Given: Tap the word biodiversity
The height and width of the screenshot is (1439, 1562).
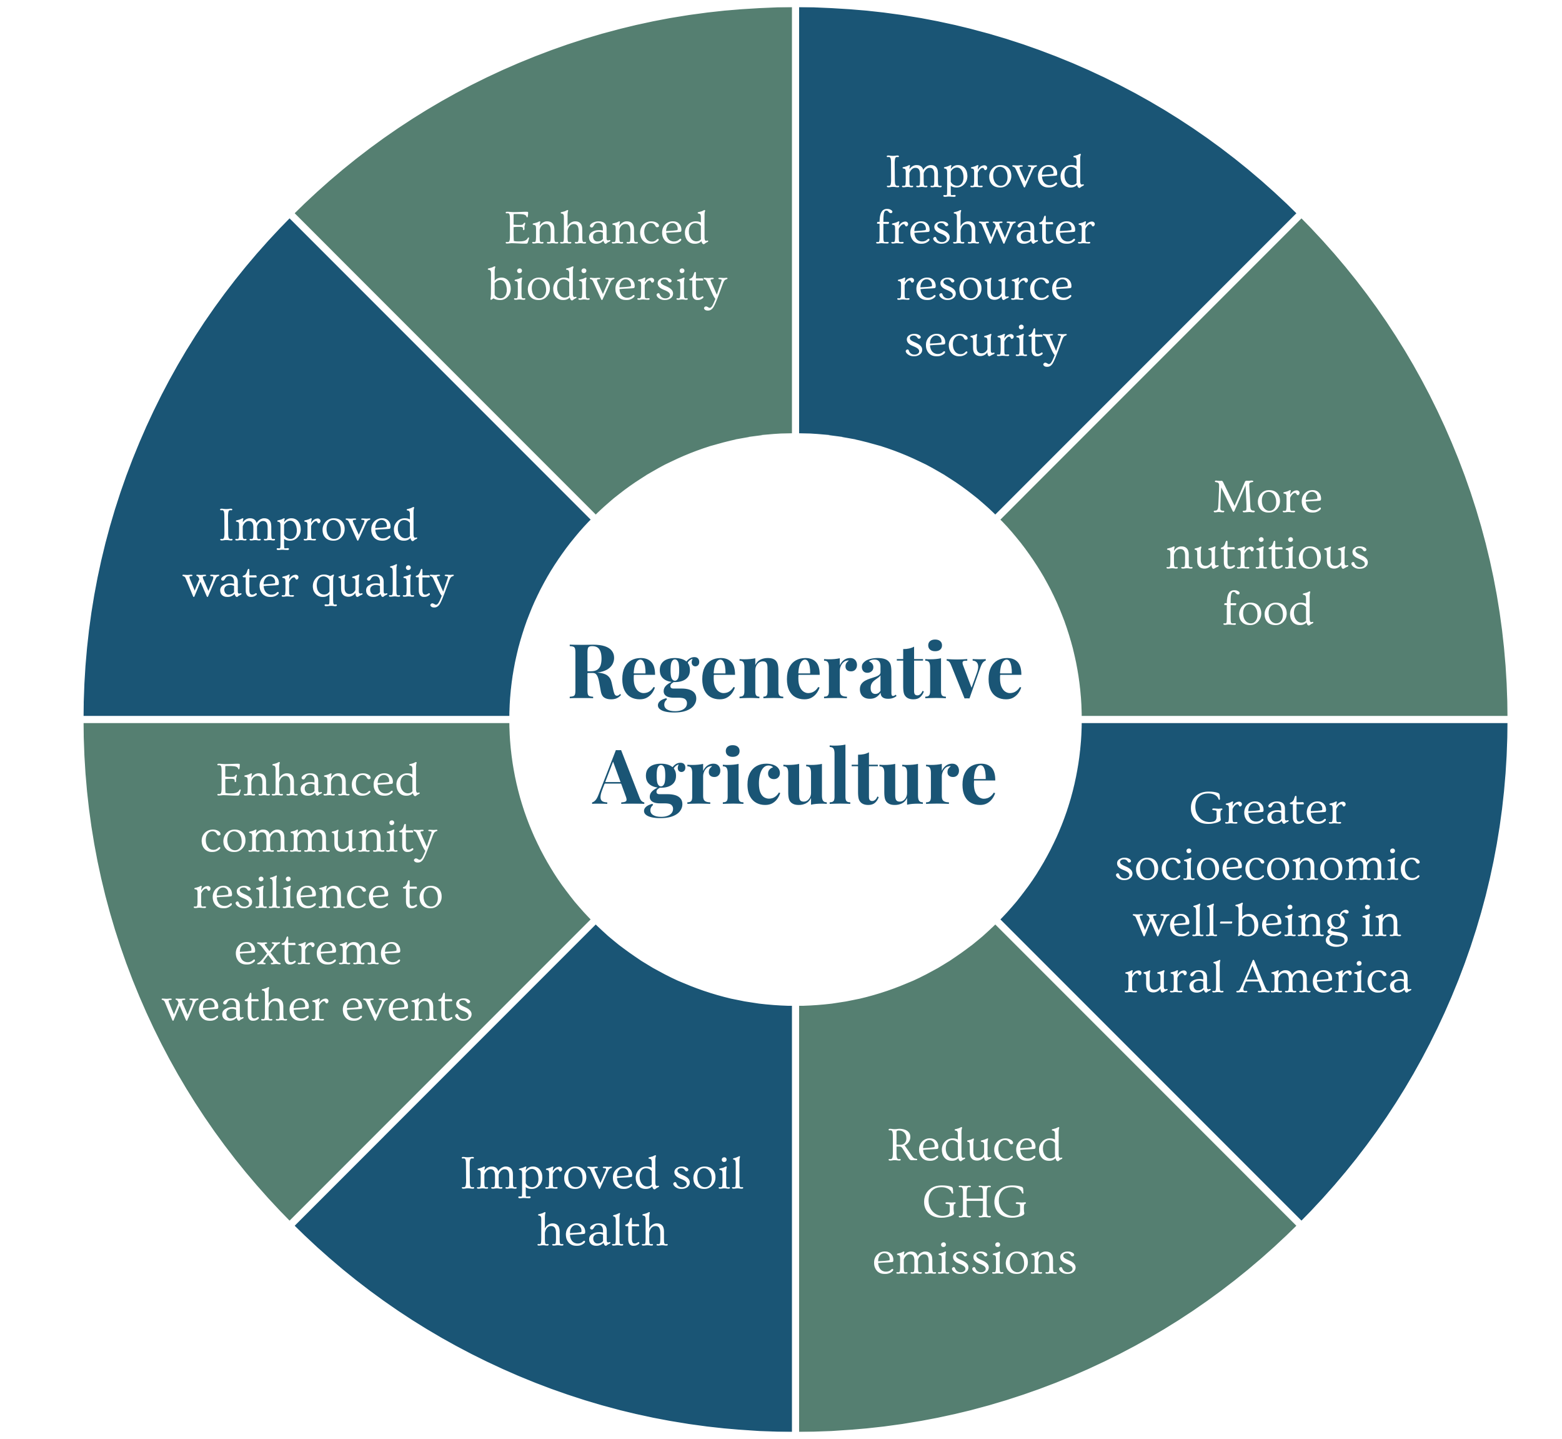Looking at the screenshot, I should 607,286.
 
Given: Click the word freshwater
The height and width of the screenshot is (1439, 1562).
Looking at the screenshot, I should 985,229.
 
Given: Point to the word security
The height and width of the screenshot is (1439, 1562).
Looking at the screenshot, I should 985,343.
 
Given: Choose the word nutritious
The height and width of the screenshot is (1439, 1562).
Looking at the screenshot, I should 1266,554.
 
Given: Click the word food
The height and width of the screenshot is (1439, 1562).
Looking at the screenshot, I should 1267,609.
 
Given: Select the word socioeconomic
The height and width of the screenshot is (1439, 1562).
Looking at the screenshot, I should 1267,866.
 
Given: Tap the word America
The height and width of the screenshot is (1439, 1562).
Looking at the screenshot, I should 1324,978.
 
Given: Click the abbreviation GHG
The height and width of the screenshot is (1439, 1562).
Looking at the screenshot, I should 975,1203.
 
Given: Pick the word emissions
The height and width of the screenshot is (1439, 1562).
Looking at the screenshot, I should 975,1259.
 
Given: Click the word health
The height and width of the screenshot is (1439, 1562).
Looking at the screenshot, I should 602,1231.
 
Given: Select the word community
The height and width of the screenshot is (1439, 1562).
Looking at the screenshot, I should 318,838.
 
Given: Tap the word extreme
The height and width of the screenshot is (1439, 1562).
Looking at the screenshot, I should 318,950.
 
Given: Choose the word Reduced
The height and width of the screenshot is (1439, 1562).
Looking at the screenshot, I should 975,1146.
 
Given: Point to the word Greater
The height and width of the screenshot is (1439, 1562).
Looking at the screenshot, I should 1267,810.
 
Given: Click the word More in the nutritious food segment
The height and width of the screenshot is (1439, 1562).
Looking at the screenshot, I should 1267,498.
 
